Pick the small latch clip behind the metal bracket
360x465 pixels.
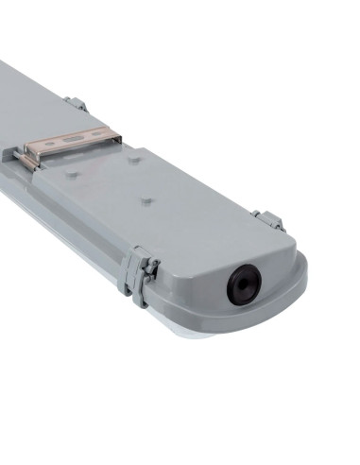(x=76, y=104)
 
